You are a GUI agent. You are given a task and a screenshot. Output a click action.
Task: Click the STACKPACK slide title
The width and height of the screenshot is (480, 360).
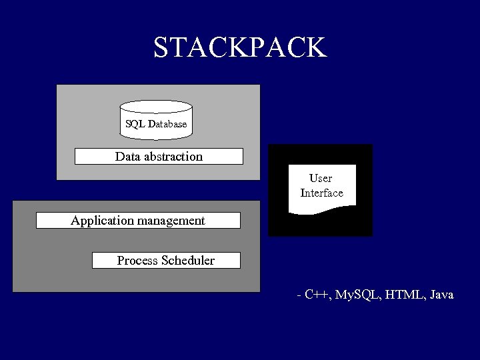(x=240, y=48)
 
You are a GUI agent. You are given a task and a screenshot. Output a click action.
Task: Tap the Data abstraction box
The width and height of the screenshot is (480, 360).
(x=159, y=157)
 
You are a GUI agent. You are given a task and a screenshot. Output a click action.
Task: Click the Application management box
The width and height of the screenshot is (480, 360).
(x=138, y=220)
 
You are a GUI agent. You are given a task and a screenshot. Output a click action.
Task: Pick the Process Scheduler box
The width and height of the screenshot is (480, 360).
(x=166, y=260)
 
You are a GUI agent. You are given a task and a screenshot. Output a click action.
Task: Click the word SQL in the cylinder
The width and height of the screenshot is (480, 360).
(x=135, y=124)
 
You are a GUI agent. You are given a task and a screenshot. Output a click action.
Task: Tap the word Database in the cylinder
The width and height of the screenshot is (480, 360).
(x=167, y=124)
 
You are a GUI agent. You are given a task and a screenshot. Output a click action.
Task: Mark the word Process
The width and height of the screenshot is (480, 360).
(x=137, y=260)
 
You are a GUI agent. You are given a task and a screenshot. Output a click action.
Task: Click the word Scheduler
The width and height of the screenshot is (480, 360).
(x=188, y=260)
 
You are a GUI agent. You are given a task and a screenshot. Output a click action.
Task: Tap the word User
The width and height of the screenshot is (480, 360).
(x=321, y=179)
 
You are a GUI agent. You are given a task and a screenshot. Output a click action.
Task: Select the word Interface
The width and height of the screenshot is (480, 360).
(x=321, y=193)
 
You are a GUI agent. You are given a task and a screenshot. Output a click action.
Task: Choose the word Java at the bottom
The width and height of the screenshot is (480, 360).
(x=442, y=294)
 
